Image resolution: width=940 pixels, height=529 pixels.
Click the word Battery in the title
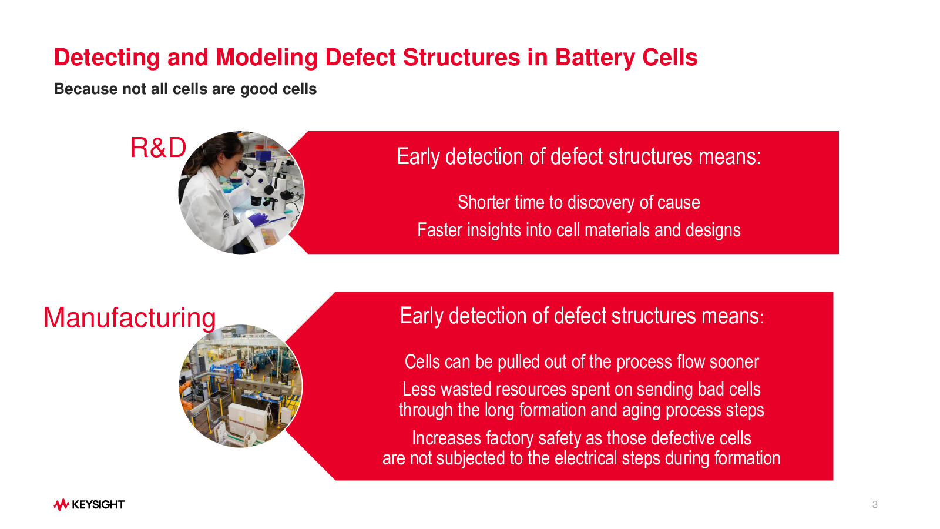point(595,58)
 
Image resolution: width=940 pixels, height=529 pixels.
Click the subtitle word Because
point(86,89)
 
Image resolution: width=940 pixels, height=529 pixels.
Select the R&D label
point(158,148)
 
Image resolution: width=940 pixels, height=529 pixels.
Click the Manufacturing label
point(129,317)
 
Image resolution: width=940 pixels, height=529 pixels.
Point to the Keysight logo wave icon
point(61,504)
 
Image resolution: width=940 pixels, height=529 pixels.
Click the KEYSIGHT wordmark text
point(98,504)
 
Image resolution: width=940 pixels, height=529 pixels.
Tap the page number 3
point(875,505)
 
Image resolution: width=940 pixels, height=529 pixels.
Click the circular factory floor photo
point(241,386)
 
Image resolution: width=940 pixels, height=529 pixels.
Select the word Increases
point(446,438)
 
